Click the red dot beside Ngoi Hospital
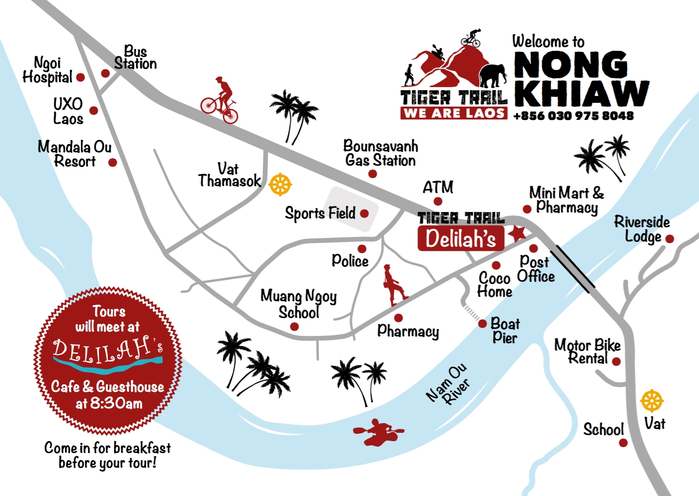pos(81,77)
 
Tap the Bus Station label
pos(135,58)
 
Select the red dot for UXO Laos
pos(93,111)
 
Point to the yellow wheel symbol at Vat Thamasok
pos(280,185)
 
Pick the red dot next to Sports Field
pos(364,213)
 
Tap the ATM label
pos(438,188)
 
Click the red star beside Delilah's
pos(517,234)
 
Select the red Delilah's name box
pos(461,239)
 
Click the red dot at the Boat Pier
pos(483,324)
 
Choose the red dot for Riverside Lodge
pos(670,239)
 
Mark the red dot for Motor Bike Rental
pos(616,362)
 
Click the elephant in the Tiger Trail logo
pos(492,75)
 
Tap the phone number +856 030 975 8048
pos(573,116)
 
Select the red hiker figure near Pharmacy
pos(394,285)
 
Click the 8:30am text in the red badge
pos(116,403)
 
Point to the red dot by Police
pos(362,249)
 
